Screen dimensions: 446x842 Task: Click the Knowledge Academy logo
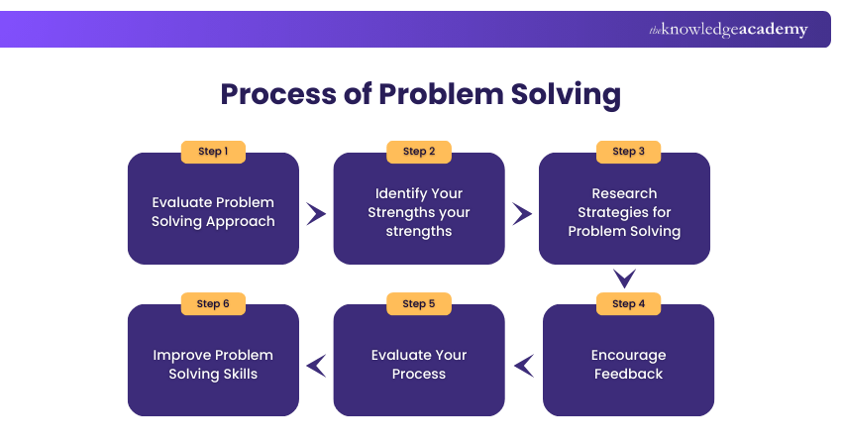[728, 30]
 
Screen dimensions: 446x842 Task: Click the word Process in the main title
[280, 95]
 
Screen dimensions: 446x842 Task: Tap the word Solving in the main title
[559, 95]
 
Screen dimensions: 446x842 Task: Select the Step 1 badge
[213, 152]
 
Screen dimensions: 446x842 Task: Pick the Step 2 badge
[419, 152]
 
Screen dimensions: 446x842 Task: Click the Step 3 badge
[624, 152]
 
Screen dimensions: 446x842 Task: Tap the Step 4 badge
[628, 303]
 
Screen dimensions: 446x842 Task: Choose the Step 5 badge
[419, 303]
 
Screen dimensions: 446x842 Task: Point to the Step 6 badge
[213, 303]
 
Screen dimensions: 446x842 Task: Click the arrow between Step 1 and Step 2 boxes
[316, 213]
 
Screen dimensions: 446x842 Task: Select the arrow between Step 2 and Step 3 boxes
[522, 213]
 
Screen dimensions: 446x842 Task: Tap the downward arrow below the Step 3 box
[624, 279]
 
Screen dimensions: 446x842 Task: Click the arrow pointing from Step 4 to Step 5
[524, 366]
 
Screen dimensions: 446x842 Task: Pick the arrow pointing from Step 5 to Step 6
[316, 366]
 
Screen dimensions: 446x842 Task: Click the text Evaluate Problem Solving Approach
[213, 211]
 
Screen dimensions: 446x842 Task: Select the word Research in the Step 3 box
[624, 193]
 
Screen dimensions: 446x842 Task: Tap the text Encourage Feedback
[628, 364]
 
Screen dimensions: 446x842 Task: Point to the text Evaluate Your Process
[419, 364]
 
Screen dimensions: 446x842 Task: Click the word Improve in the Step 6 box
[184, 355]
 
